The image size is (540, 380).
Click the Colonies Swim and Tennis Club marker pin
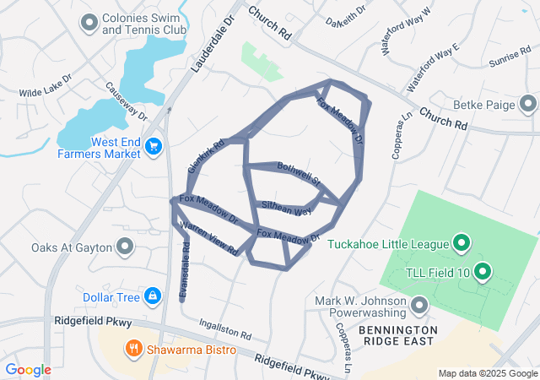(x=89, y=23)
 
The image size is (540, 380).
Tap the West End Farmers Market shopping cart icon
(x=153, y=147)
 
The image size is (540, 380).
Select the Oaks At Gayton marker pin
(x=125, y=247)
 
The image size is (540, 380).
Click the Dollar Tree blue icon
(x=153, y=296)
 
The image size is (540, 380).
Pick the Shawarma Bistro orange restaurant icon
(x=134, y=348)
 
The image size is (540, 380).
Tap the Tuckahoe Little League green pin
(x=462, y=245)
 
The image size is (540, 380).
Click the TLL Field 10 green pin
(x=482, y=271)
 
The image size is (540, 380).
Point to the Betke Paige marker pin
(x=528, y=104)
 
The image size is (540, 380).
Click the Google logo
(x=28, y=370)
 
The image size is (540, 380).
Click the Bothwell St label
(x=300, y=174)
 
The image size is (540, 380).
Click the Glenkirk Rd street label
(x=206, y=156)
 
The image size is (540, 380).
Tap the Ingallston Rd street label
(x=225, y=328)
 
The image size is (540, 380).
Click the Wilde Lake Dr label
(x=46, y=93)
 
